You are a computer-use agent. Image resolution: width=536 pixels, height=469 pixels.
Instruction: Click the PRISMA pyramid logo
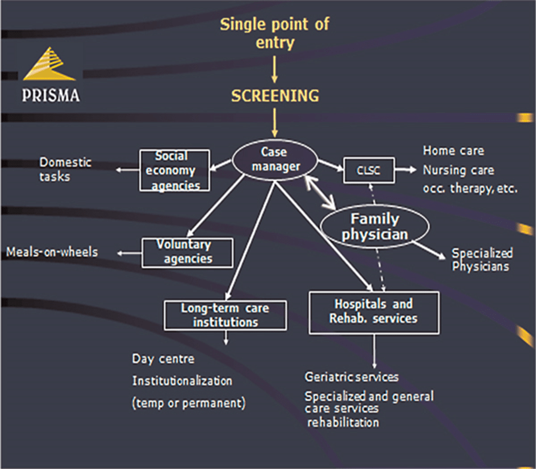50,65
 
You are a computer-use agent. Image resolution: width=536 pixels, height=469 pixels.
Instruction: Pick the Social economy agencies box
174,170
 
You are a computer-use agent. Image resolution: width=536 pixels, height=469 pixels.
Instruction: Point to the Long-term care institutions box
225,315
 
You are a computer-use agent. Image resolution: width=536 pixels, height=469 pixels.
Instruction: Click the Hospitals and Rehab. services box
373,312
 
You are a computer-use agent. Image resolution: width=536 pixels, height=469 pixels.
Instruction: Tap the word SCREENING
275,96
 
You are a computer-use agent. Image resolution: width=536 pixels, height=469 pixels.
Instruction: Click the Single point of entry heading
275,33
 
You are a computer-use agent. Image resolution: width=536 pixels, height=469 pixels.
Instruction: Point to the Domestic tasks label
65,169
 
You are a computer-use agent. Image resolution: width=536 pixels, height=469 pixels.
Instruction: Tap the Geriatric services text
352,377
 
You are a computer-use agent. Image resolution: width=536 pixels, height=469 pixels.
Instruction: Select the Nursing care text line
459,170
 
